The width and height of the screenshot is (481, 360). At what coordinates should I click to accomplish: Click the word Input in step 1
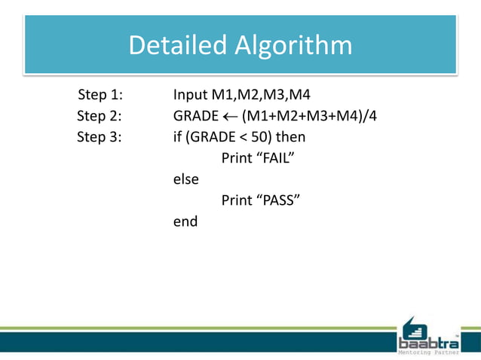[x=190, y=96]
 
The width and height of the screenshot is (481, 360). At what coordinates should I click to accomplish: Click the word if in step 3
[x=178, y=138]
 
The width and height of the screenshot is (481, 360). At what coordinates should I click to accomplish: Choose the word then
[x=290, y=138]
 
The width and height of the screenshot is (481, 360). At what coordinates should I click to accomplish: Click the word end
[x=185, y=222]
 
